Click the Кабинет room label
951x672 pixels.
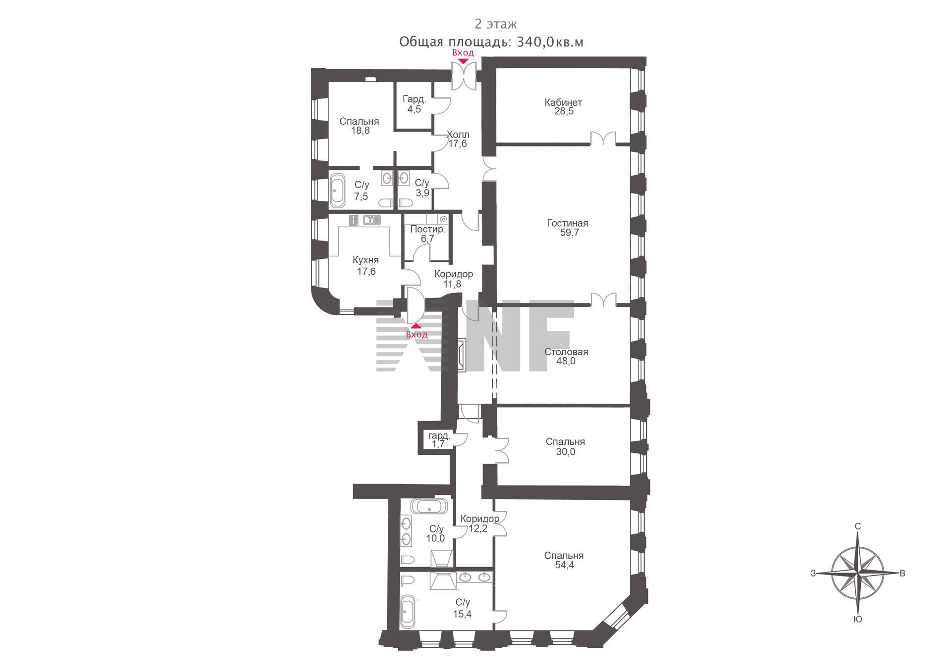pos(563,102)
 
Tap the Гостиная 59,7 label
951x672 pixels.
pos(568,228)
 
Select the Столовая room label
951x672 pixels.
pos(566,352)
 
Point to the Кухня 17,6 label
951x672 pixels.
pos(366,266)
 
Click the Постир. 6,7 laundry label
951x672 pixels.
pos(428,234)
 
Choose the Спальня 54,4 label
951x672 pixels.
pos(564,560)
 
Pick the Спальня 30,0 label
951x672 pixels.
pos(565,446)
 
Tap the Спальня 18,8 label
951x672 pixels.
pos(360,126)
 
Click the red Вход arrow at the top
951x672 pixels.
pos(463,61)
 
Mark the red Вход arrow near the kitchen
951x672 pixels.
pos(417,326)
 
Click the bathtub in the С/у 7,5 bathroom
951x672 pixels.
pos(338,190)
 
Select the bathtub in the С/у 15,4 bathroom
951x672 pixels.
pos(408,611)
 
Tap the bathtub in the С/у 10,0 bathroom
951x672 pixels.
pos(429,506)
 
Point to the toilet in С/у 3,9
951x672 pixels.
pos(406,203)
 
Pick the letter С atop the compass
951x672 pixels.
pos(858,526)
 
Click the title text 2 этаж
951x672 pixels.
pos(496,24)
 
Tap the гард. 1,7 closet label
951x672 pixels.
pos(439,440)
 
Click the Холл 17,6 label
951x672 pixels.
pos(458,139)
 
